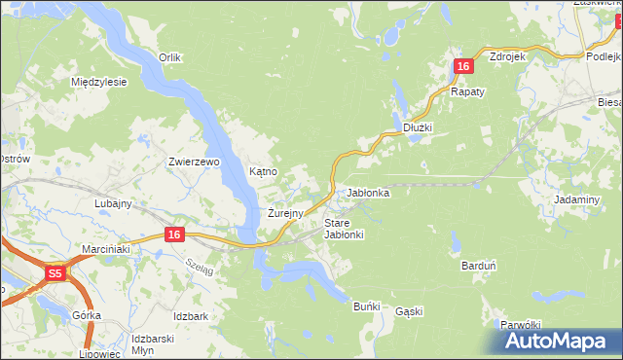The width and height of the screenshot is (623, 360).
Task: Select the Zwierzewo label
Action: click(x=195, y=162)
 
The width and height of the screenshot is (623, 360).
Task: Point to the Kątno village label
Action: click(x=264, y=171)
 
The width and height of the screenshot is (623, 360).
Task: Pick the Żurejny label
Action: click(x=286, y=212)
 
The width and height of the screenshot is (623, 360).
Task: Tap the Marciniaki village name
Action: click(x=106, y=248)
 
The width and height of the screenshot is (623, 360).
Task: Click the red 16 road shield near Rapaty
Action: click(x=463, y=66)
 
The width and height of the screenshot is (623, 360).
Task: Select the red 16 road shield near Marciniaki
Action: click(x=174, y=234)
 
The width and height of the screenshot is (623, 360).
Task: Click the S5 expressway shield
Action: click(x=56, y=274)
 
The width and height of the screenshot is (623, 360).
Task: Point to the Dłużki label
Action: click(x=417, y=127)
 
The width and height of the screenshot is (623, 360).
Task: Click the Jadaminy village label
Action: click(x=575, y=198)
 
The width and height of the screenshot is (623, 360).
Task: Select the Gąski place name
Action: click(x=409, y=311)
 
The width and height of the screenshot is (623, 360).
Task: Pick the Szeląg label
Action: click(x=199, y=269)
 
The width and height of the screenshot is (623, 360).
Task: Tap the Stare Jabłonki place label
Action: click(x=343, y=229)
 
